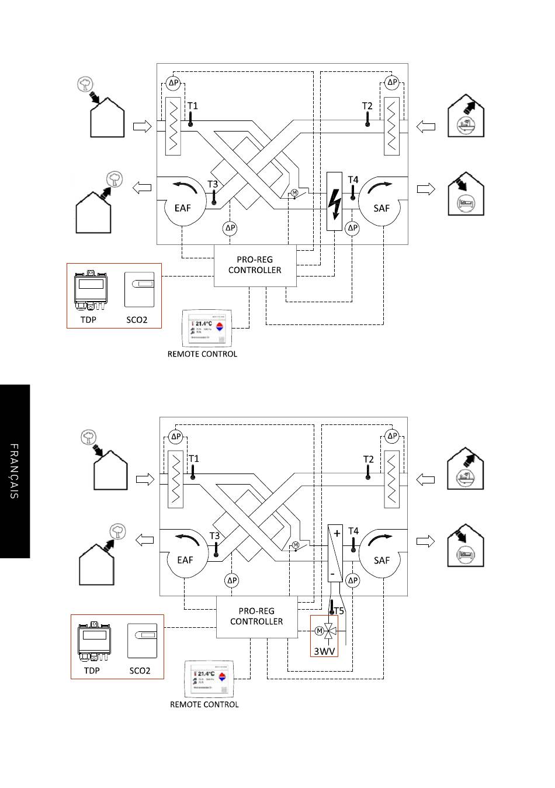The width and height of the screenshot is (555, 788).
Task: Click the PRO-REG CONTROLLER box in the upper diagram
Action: click(x=255, y=265)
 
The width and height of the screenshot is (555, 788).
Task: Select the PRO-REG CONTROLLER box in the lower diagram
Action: click(x=256, y=616)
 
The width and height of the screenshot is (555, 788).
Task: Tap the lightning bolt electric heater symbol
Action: click(x=334, y=202)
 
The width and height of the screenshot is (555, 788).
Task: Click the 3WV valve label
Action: click(x=324, y=650)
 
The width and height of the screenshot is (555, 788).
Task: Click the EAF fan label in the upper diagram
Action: click(x=183, y=208)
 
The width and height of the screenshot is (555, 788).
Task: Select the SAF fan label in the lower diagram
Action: click(x=381, y=560)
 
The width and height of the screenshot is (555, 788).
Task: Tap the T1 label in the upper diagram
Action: click(x=192, y=106)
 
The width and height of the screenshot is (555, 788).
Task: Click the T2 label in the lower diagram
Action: click(x=368, y=459)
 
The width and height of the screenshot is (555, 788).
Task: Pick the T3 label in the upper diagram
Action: click(x=213, y=185)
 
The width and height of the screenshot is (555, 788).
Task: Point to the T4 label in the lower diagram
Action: click(x=353, y=531)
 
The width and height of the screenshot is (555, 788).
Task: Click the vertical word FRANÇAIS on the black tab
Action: click(x=15, y=471)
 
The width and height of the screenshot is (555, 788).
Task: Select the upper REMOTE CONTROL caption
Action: click(x=202, y=354)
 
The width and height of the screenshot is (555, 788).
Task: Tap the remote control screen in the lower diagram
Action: click(x=209, y=679)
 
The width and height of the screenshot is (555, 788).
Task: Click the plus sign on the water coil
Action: click(x=337, y=533)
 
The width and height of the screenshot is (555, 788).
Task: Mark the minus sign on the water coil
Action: click(x=332, y=573)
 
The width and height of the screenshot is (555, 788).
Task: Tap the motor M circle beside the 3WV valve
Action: click(x=319, y=631)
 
